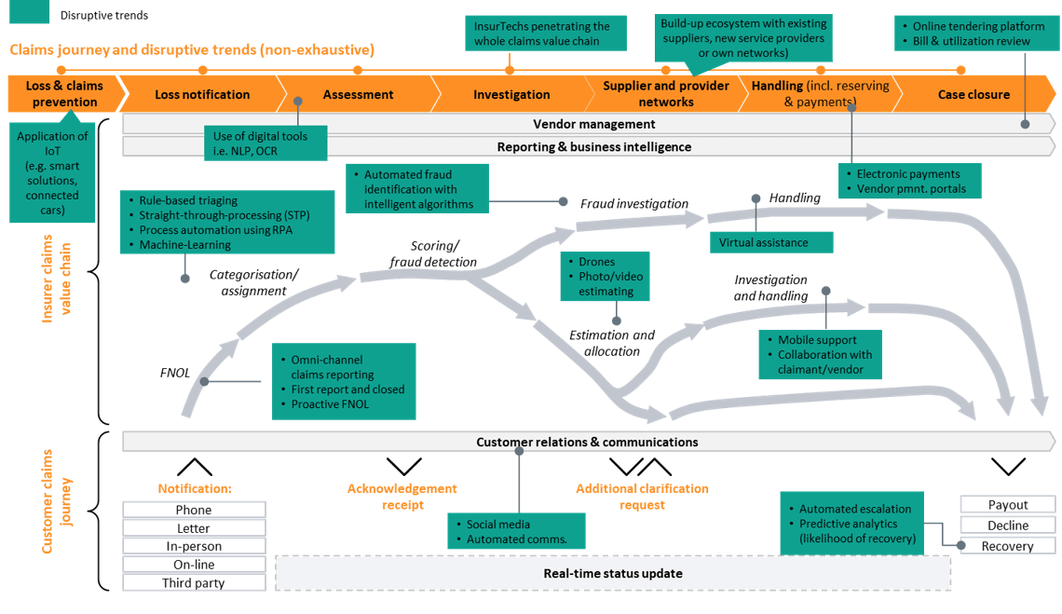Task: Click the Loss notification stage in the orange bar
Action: [x=202, y=94]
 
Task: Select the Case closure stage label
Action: [x=973, y=94]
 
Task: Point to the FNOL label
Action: [x=174, y=373]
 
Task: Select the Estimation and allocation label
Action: [x=611, y=343]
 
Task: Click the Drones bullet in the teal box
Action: [x=596, y=262]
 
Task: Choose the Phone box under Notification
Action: [x=194, y=510]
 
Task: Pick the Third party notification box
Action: [x=194, y=583]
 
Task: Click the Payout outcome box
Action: [x=1008, y=505]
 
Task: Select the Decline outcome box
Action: [x=1008, y=525]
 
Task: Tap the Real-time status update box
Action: [x=612, y=573]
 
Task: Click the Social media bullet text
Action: [x=497, y=525]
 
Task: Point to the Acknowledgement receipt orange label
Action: [x=402, y=497]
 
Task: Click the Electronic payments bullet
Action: [x=907, y=173]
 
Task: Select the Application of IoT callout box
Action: [x=52, y=173]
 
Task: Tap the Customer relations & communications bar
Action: [x=587, y=442]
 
